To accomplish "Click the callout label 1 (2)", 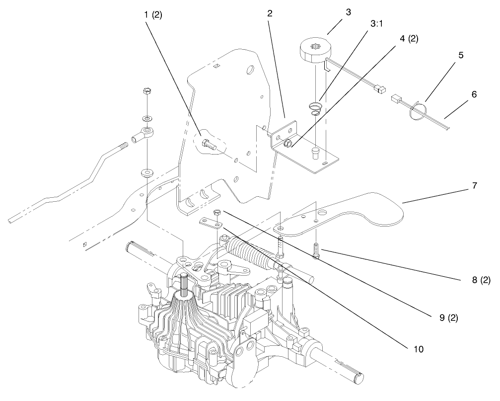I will click(x=152, y=14).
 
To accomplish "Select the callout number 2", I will click(x=269, y=14).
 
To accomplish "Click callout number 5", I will click(x=461, y=55).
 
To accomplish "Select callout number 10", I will click(x=418, y=349).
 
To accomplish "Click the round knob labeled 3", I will click(x=312, y=51).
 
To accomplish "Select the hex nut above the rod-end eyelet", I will click(x=146, y=91).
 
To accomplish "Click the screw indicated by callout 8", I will click(x=316, y=249).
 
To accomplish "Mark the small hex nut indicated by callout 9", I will click(x=217, y=213).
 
